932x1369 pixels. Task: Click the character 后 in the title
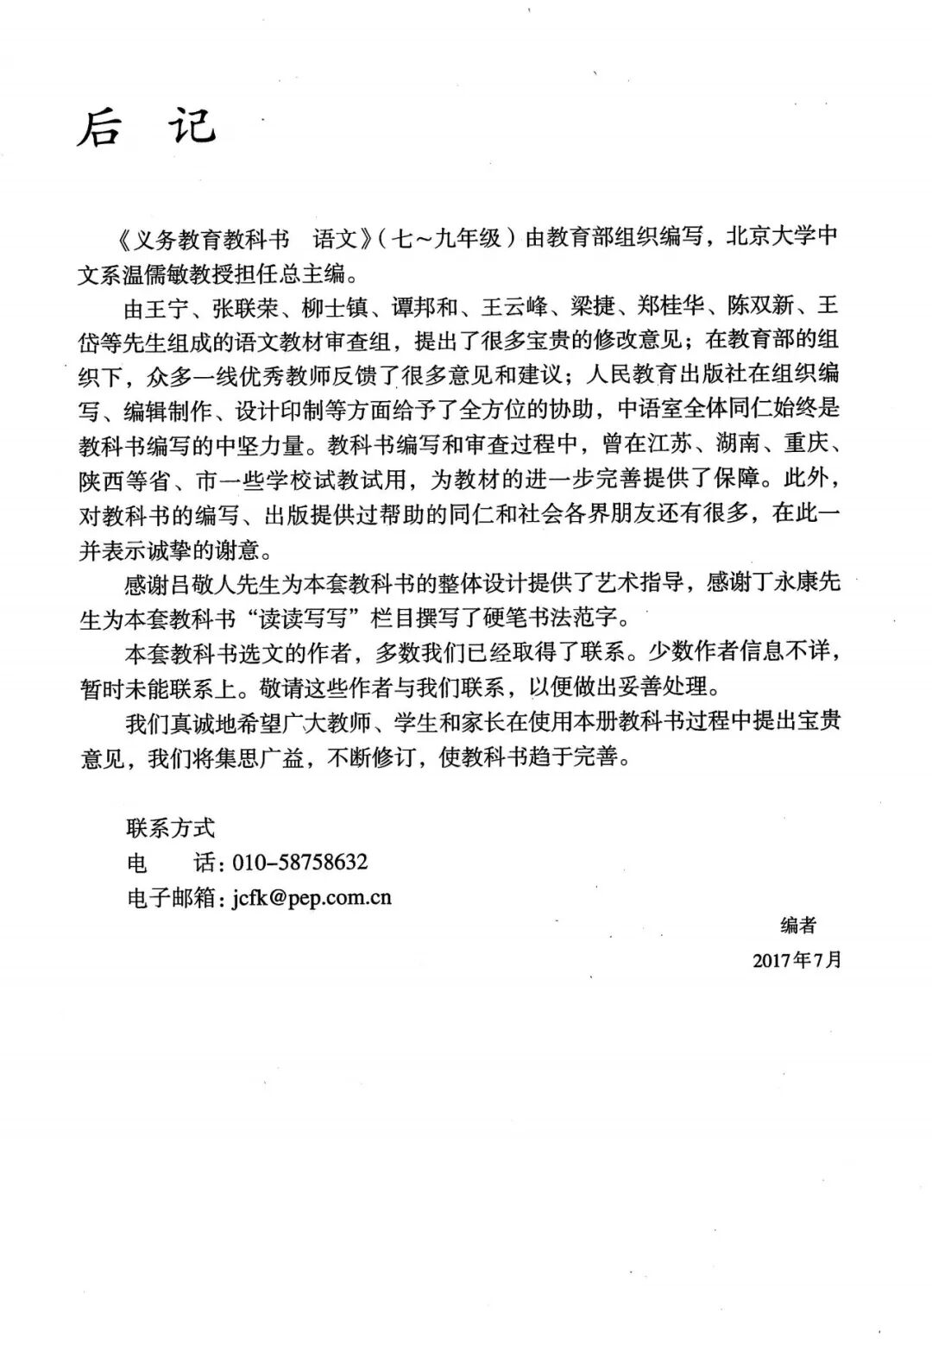[x=99, y=129]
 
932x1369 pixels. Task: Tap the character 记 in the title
[x=191, y=127]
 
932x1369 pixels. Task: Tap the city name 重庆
[x=806, y=444]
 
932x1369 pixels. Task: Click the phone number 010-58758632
[x=301, y=862]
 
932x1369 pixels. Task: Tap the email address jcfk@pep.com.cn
[x=312, y=897]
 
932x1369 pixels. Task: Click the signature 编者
[x=797, y=926]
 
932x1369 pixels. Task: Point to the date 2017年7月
[x=797, y=960]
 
